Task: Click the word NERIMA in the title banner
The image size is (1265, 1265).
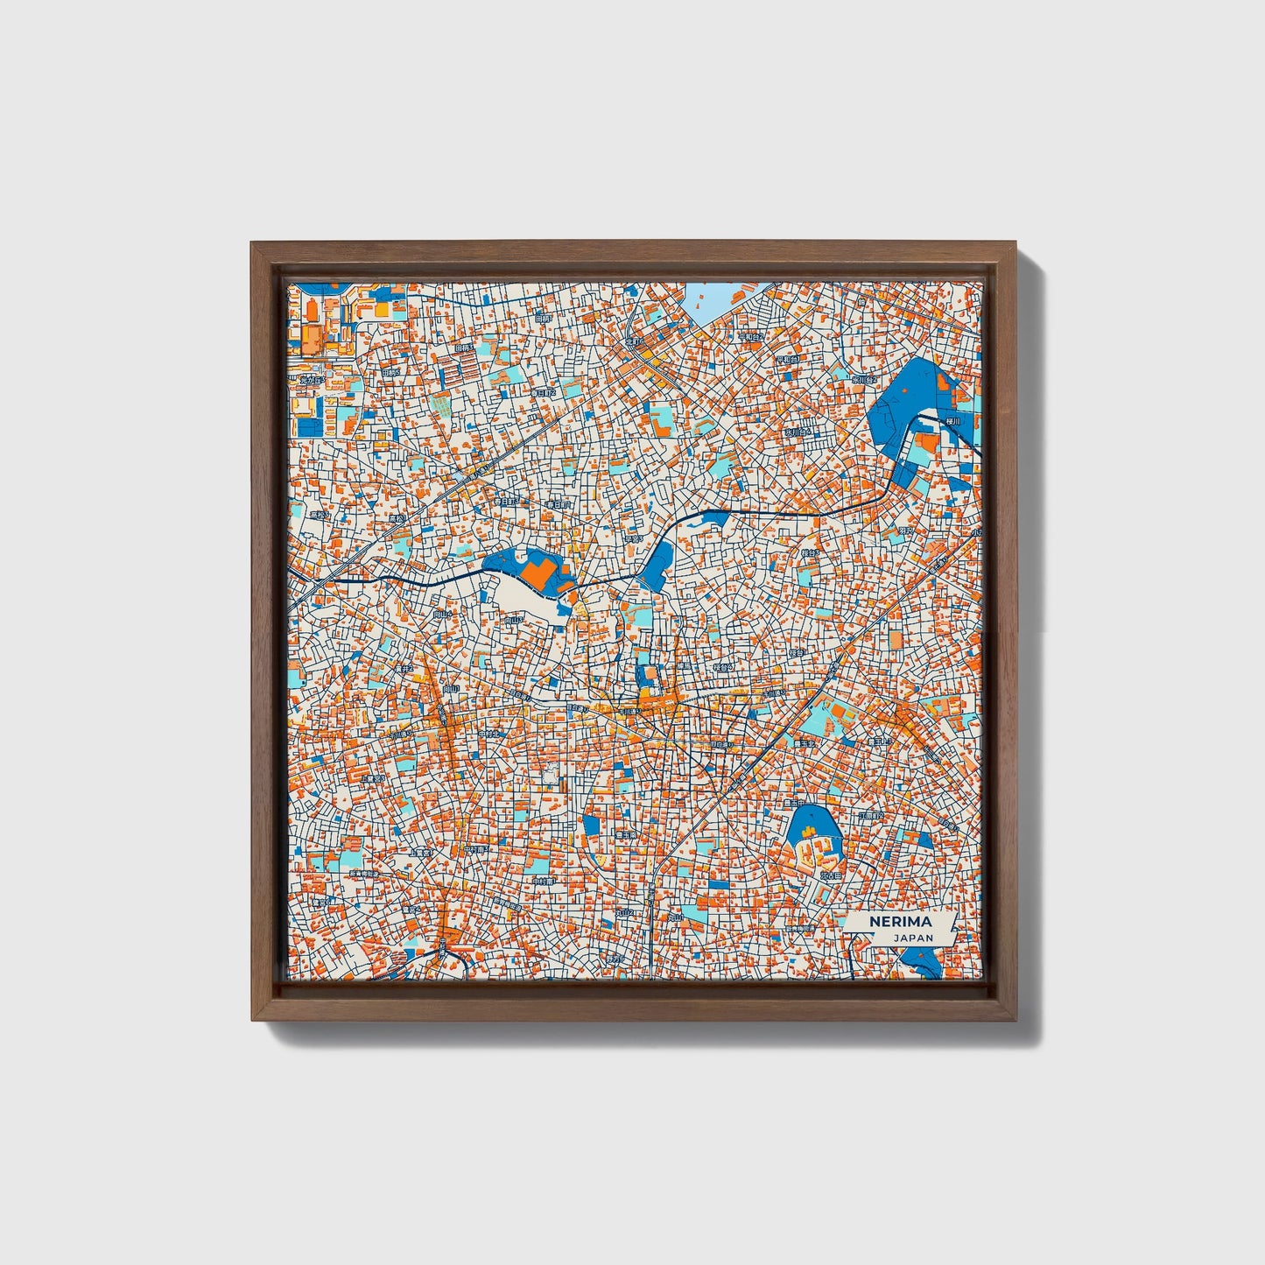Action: click(x=901, y=923)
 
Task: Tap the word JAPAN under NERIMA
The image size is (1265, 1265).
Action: click(x=913, y=938)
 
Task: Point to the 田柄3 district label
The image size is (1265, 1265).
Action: click(x=464, y=348)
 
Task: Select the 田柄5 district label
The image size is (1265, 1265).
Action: click(x=390, y=372)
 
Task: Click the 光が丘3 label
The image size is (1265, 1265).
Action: click(x=311, y=380)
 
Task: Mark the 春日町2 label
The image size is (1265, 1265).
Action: click(x=545, y=394)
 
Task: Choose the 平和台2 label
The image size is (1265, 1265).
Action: click(x=750, y=337)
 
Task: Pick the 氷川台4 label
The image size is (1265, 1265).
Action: click(x=797, y=432)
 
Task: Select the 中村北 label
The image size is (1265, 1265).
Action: click(x=490, y=734)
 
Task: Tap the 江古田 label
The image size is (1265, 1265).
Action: click(x=830, y=875)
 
